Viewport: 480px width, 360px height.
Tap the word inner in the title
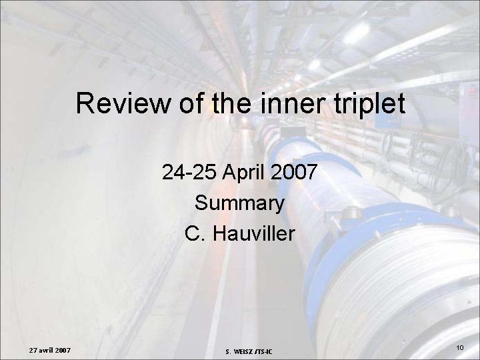[x=281, y=104]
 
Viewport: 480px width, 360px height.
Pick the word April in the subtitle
[x=243, y=174]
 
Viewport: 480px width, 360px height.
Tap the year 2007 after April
[x=293, y=174]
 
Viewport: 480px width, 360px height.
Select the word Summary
[x=240, y=203]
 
